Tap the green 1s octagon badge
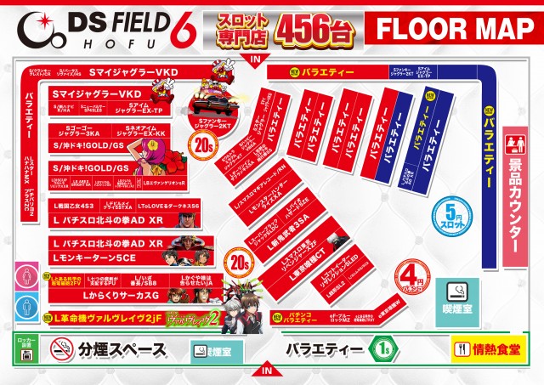point(382,348)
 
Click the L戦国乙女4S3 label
point(73,207)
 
